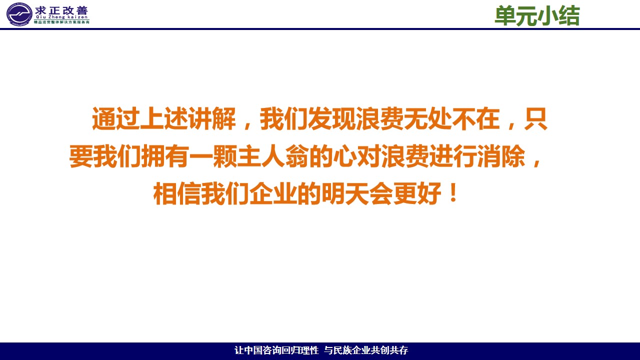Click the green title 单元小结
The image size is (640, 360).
point(537,16)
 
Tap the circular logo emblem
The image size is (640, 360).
point(19,14)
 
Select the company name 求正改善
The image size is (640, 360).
point(61,11)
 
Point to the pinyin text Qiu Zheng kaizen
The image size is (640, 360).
point(61,17)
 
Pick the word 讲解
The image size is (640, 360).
point(211,118)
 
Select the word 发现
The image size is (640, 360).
point(331,118)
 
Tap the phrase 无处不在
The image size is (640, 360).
point(451,118)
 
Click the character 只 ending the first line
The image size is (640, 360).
point(535,118)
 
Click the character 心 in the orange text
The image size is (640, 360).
point(345,156)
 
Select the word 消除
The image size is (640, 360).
point(501,156)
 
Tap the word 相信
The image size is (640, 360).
point(177,193)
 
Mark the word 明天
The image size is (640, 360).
point(345,193)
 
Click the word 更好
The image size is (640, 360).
point(417,193)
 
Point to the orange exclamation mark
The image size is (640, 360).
point(453,193)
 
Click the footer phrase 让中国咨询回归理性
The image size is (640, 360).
point(276,350)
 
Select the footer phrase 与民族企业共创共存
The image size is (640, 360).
point(366,350)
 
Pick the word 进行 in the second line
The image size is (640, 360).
point(453,156)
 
